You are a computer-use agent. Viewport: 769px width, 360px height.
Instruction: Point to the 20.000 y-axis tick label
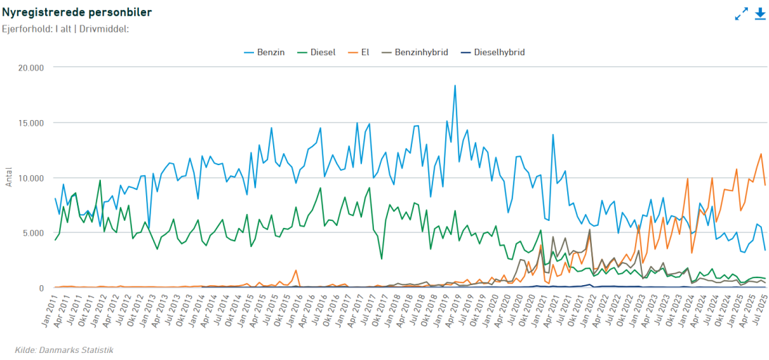pos(30,68)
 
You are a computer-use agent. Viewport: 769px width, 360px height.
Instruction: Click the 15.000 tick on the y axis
pos(30,123)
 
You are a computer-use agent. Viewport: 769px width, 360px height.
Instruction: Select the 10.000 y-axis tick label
pos(30,178)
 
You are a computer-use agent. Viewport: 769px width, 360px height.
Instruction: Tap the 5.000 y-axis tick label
pos(32,233)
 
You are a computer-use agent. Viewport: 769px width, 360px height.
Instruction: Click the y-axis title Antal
pos(9,178)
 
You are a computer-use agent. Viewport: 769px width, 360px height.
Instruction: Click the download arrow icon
pos(760,13)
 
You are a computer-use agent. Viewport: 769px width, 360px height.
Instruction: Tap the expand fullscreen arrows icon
pos(741,13)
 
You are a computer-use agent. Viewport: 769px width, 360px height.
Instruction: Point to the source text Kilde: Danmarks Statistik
pos(64,350)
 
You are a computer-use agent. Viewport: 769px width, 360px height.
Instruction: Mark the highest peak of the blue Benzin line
pos(455,85)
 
